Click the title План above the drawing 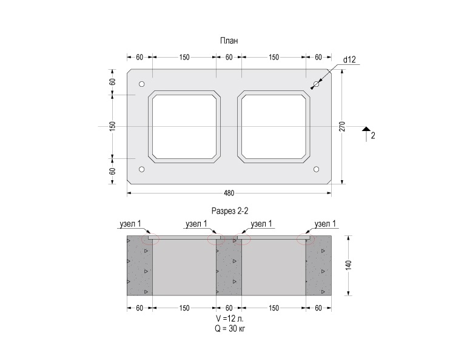pyautogui.click(x=229, y=41)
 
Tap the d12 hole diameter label pyautogui.click(x=349, y=59)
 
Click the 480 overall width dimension pyautogui.click(x=229, y=194)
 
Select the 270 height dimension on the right pyautogui.click(x=342, y=126)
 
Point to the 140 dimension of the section pyautogui.click(x=349, y=265)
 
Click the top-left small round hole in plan pyautogui.click(x=142, y=84)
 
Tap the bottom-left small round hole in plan pyautogui.click(x=142, y=169)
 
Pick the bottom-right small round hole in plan pyautogui.click(x=317, y=169)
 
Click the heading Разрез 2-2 pyautogui.click(x=230, y=211)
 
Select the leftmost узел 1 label pyautogui.click(x=130, y=224)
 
